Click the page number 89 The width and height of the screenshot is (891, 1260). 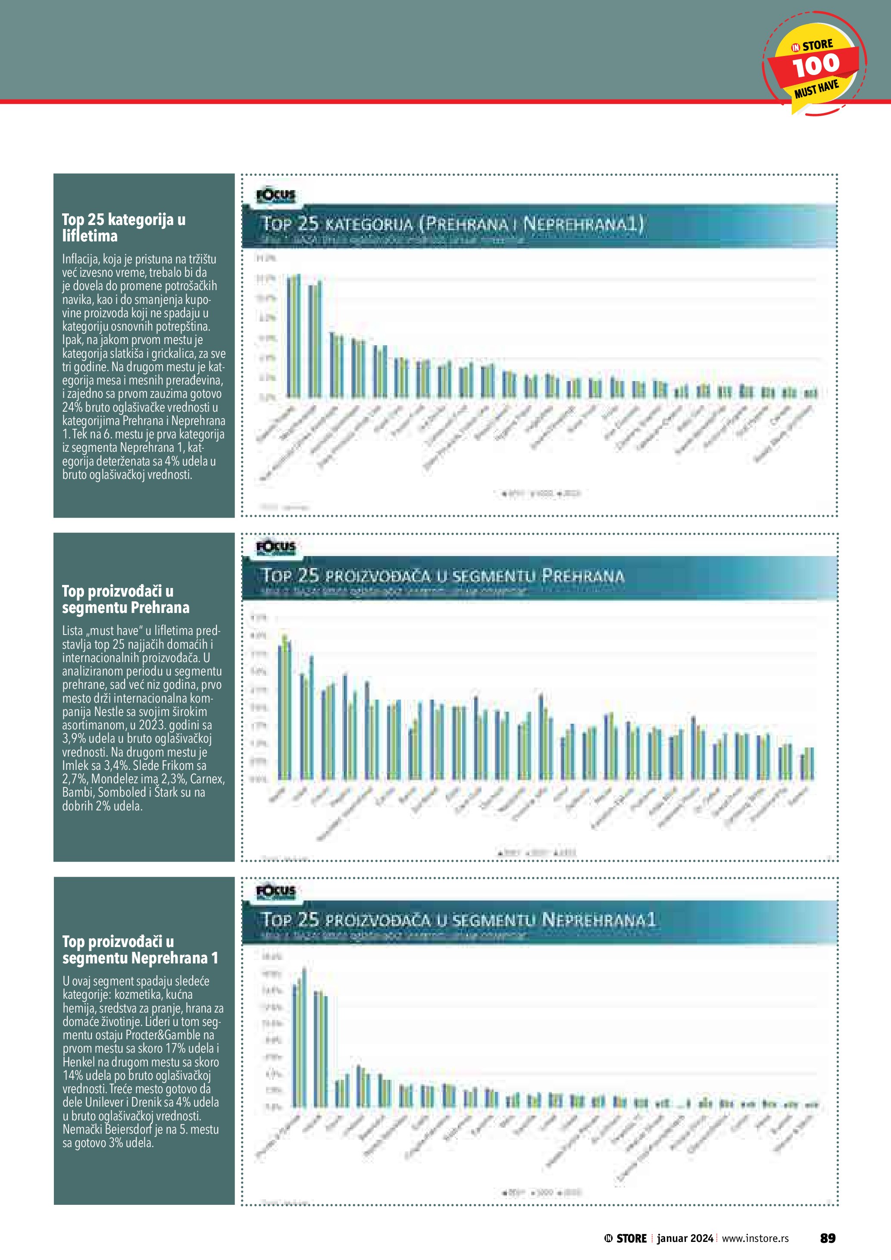click(827, 1238)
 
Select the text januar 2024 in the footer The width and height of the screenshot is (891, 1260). click(685, 1238)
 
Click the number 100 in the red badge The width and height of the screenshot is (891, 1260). click(816, 65)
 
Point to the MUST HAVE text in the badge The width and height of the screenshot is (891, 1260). click(816, 89)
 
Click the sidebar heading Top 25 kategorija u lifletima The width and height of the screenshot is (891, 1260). click(123, 227)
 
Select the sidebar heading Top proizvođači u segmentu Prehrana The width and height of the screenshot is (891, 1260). click(125, 599)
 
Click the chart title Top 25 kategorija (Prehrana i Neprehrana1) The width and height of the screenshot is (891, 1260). click(452, 224)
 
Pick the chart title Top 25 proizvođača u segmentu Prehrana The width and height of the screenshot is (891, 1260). click(443, 575)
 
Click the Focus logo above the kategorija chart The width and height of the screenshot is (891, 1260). click(276, 195)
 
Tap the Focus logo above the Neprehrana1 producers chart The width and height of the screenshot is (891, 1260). click(276, 892)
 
